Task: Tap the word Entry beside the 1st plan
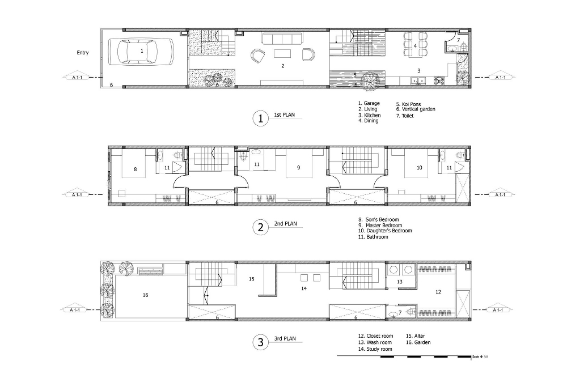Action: (x=83, y=53)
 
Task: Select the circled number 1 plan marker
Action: (x=260, y=118)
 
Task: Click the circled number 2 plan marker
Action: (x=260, y=227)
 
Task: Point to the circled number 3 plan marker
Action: (x=260, y=342)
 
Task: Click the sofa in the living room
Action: (x=281, y=39)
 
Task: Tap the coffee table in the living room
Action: (x=282, y=54)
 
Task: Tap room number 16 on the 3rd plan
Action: (x=145, y=295)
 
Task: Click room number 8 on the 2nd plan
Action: (x=135, y=168)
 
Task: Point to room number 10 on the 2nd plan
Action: (x=420, y=168)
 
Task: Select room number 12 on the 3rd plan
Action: (x=438, y=292)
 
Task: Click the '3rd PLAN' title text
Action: (x=285, y=339)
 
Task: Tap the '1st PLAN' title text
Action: (x=285, y=115)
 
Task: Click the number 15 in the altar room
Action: (x=252, y=279)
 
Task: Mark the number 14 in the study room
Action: (x=304, y=288)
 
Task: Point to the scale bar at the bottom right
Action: (x=405, y=356)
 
